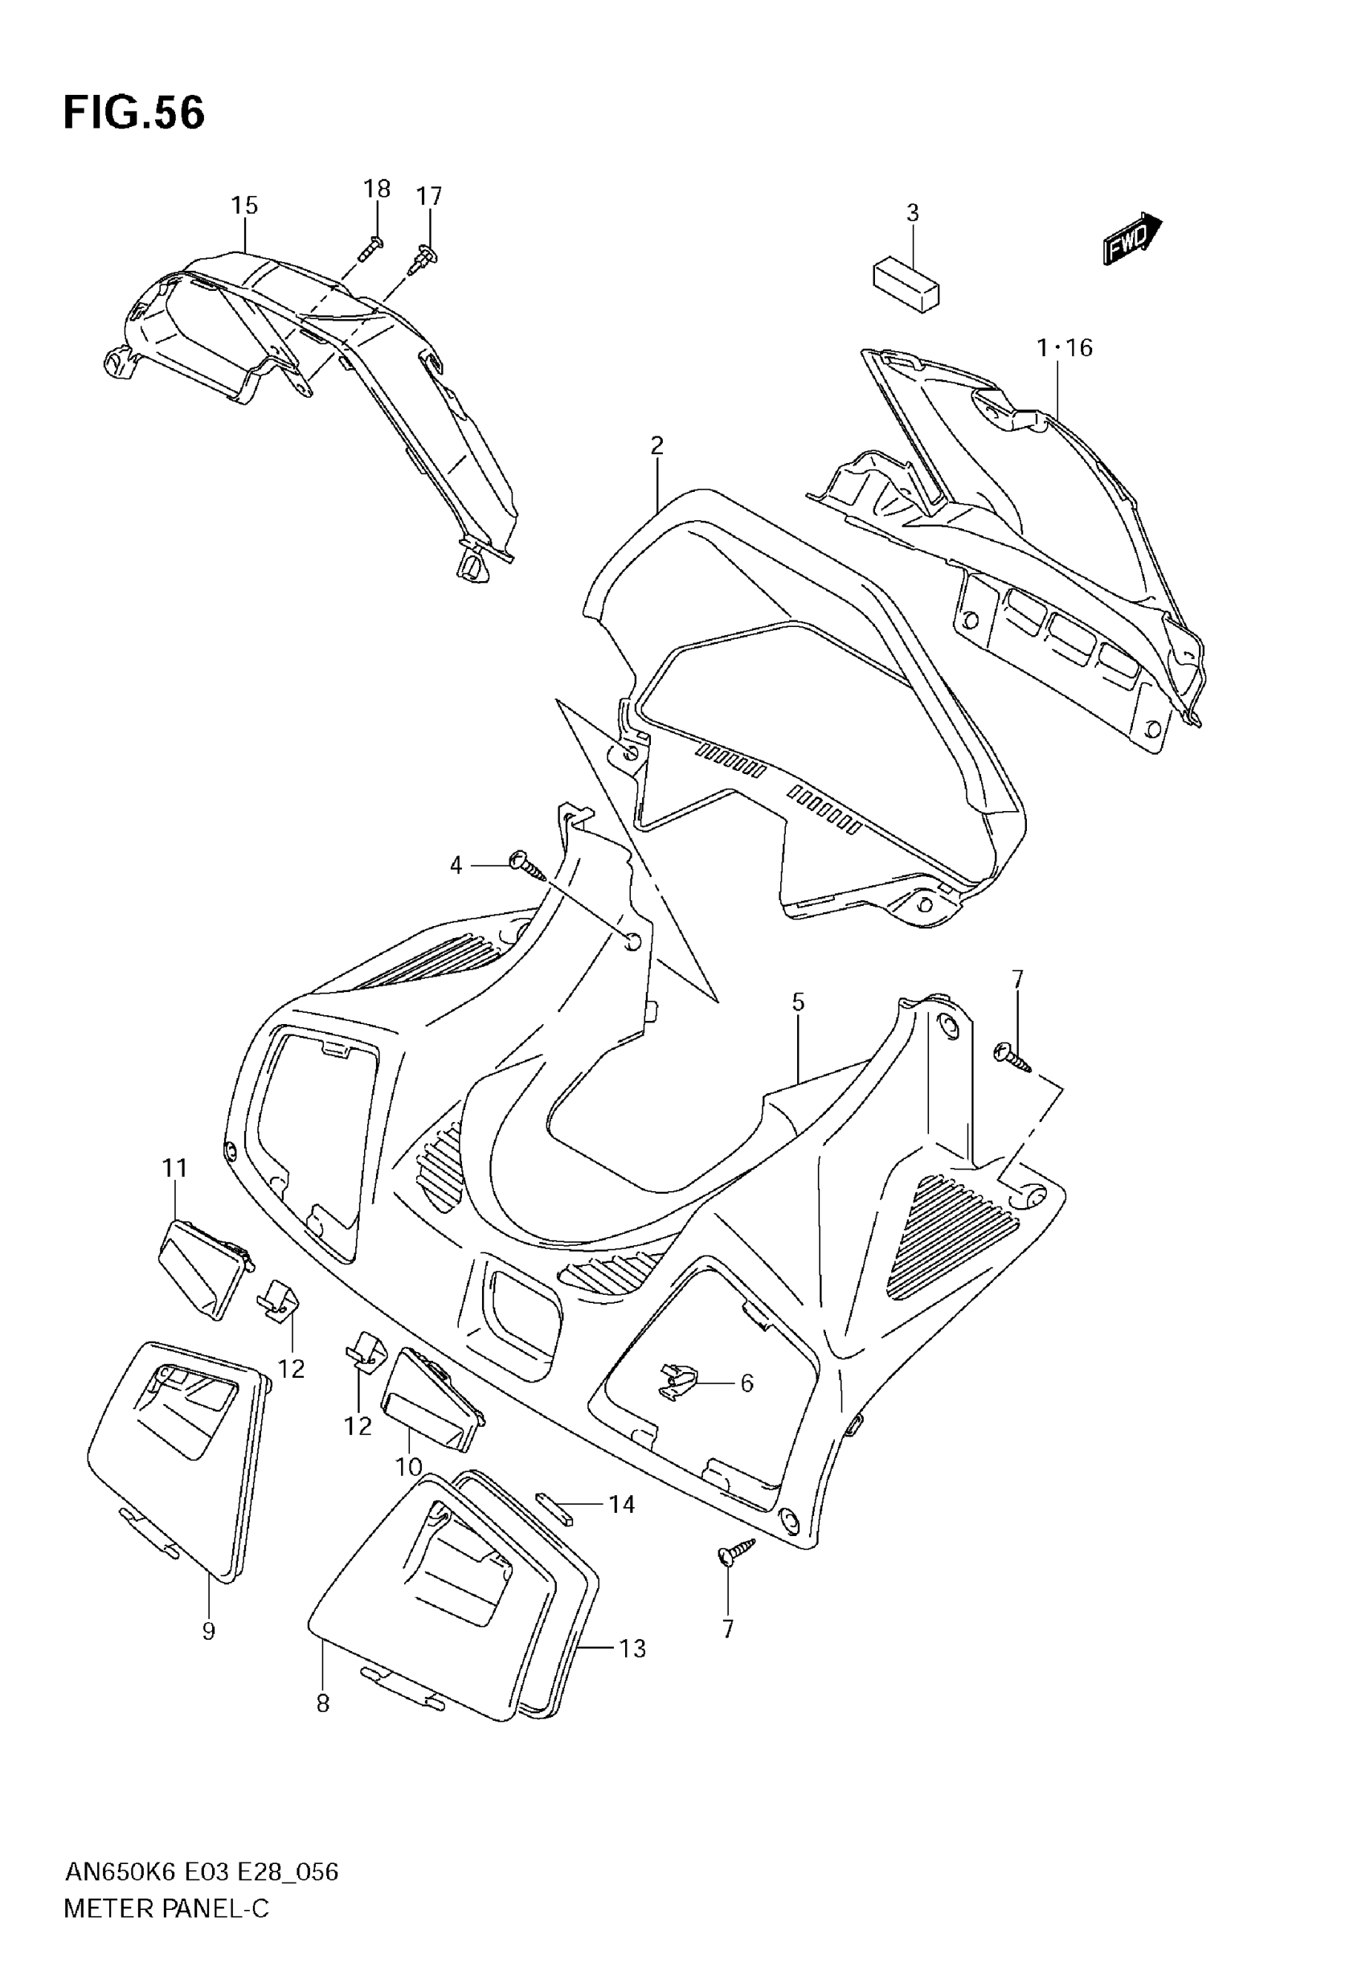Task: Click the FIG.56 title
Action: point(134,113)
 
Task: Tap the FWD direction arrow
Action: point(1131,238)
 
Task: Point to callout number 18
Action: point(377,188)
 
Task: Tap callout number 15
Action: point(244,206)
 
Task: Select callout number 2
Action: point(656,445)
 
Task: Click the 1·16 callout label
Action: point(1065,347)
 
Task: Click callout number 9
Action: point(208,1632)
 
